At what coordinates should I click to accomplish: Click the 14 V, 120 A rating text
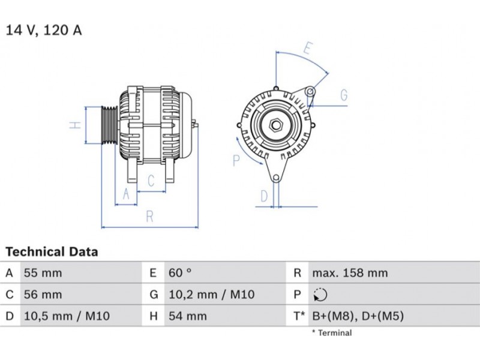click(44, 31)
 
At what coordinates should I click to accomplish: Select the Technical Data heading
click(52, 252)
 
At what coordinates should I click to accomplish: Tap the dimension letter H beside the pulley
click(74, 125)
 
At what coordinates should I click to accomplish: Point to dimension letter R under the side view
click(150, 217)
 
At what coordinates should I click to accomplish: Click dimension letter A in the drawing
click(125, 194)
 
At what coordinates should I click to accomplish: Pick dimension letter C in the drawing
click(152, 180)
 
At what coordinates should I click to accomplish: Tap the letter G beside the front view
click(344, 95)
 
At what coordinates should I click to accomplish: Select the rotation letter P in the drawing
click(236, 160)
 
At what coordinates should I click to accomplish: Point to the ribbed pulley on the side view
click(109, 125)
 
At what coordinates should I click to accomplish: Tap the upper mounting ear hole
click(310, 91)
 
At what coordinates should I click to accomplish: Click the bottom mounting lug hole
click(275, 178)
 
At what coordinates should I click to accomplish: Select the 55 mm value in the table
click(42, 273)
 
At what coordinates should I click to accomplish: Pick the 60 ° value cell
click(179, 273)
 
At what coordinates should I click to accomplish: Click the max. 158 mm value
click(349, 273)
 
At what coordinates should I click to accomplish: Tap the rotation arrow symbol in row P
click(319, 295)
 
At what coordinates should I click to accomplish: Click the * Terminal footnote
click(331, 333)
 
